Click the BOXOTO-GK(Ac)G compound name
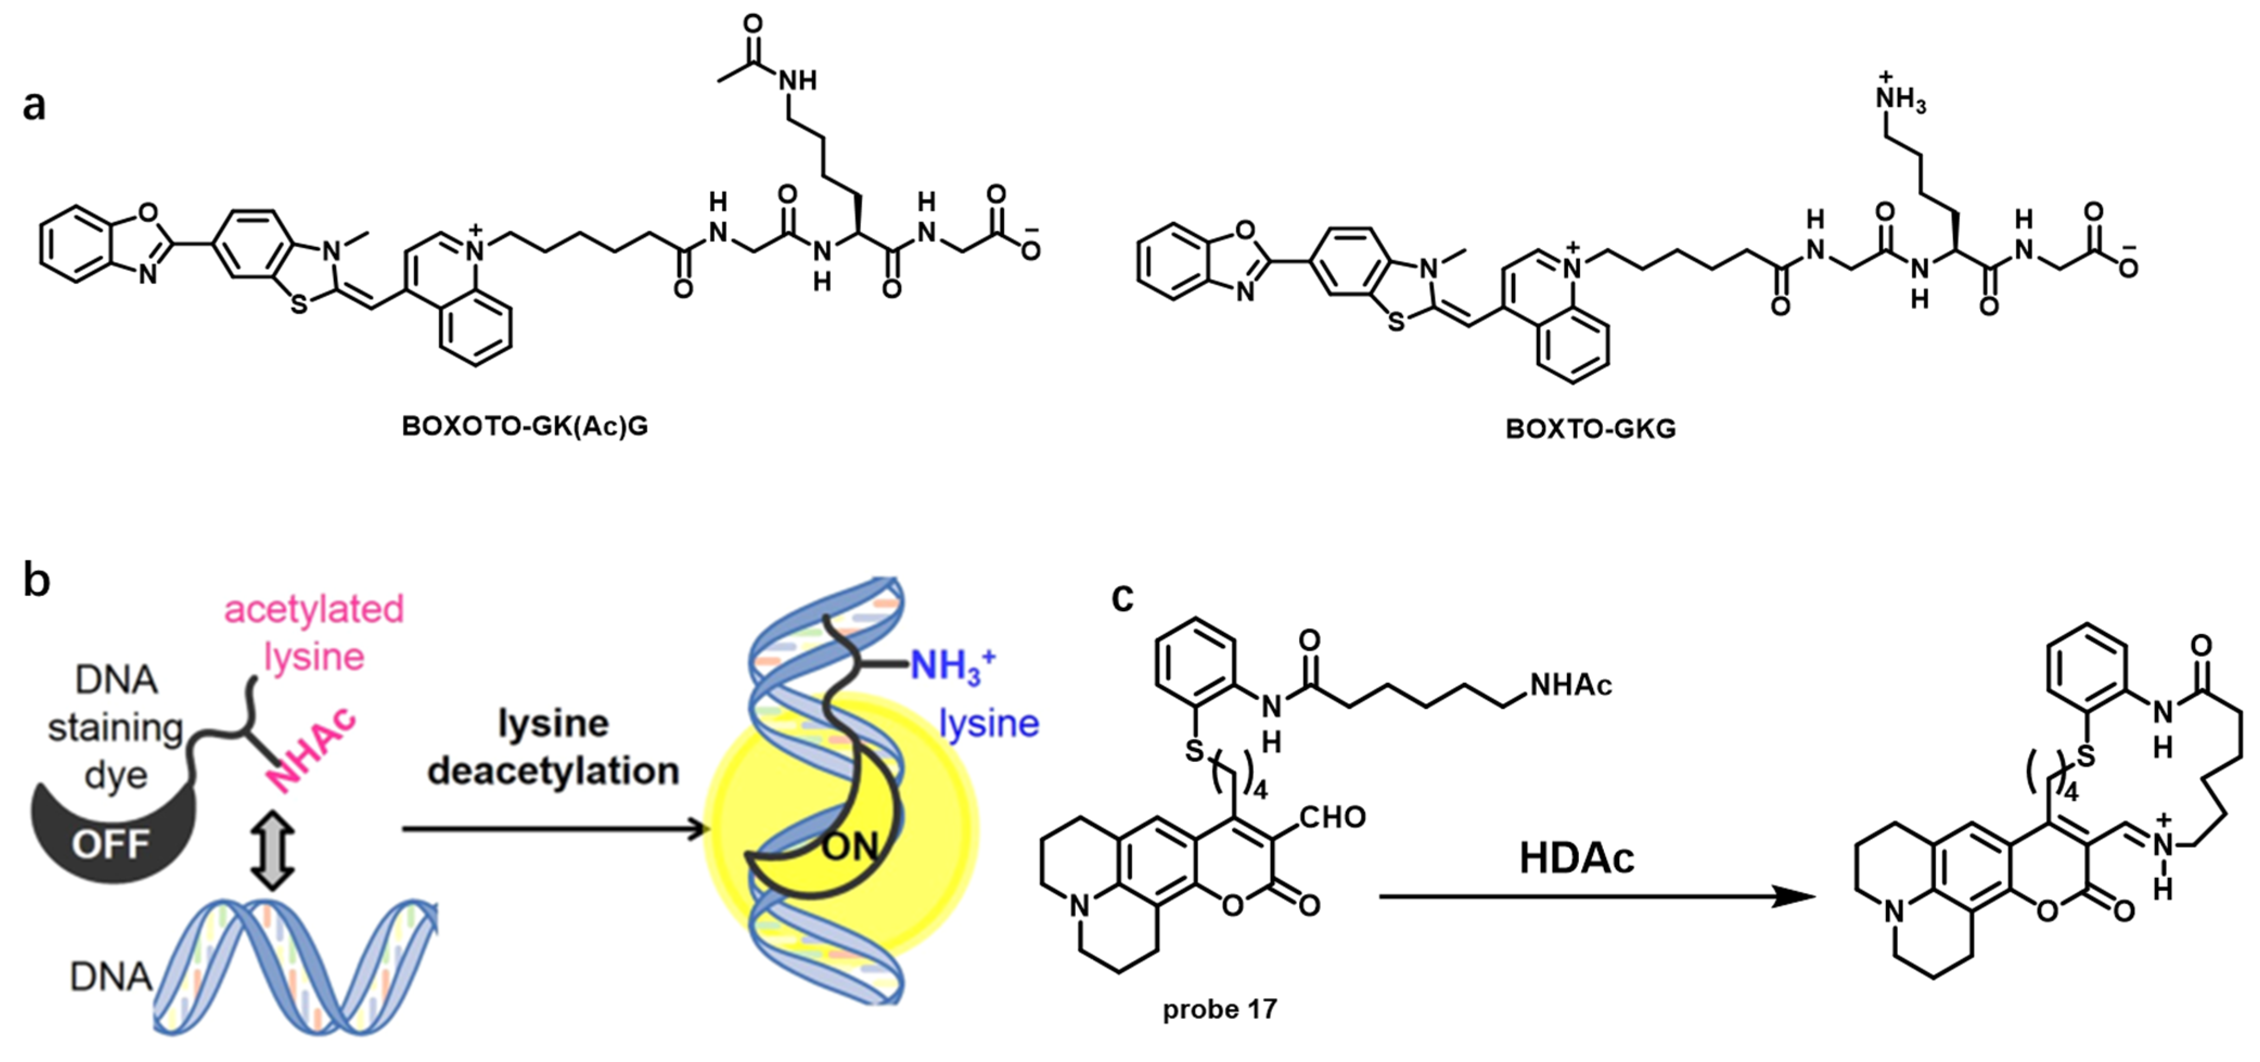coord(525,426)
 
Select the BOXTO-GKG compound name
coord(1590,428)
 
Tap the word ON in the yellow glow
coord(849,846)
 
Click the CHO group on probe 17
coord(1332,817)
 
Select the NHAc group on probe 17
coord(1570,685)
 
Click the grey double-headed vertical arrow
coord(272,851)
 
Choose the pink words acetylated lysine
coord(314,631)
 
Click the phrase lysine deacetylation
coord(553,747)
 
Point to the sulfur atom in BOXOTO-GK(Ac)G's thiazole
coord(299,305)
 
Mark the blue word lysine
coord(989,723)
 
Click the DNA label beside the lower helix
coord(111,976)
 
